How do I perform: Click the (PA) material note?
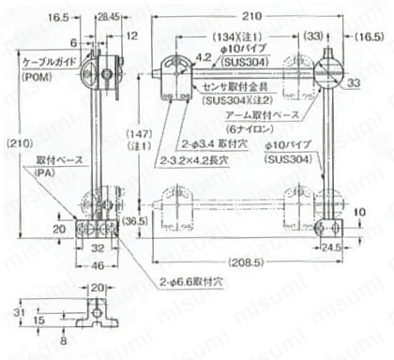coord(44,173)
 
